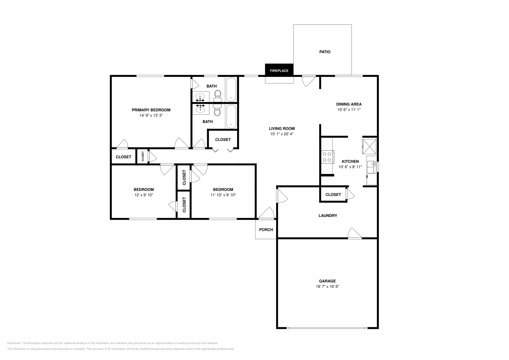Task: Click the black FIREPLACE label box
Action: pyautogui.click(x=279, y=70)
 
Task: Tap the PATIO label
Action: pyautogui.click(x=325, y=52)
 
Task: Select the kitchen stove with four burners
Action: pyautogui.click(x=327, y=156)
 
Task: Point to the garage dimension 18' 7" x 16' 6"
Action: pyautogui.click(x=327, y=287)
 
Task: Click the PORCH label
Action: pyautogui.click(x=266, y=230)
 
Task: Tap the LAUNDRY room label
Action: pyautogui.click(x=328, y=216)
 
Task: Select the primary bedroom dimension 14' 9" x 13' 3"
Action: pyautogui.click(x=151, y=115)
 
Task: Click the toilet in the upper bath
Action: pyautogui.click(x=218, y=94)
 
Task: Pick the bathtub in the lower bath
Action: pyautogui.click(x=231, y=116)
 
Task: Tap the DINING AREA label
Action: pyautogui.click(x=349, y=104)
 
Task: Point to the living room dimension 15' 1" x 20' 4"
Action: pyautogui.click(x=282, y=134)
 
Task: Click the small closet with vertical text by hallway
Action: pyautogui.click(x=143, y=156)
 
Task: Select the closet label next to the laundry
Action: pyautogui.click(x=333, y=195)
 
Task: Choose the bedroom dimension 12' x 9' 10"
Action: pyautogui.click(x=143, y=195)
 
